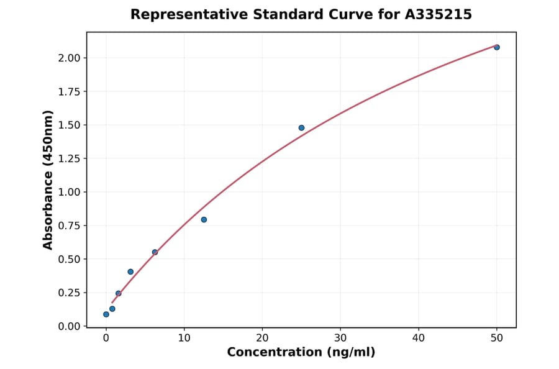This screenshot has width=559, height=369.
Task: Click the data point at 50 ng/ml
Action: pos(497,47)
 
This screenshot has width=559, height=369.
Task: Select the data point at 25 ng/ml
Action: pos(301,128)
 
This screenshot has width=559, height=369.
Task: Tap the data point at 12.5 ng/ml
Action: pos(204,219)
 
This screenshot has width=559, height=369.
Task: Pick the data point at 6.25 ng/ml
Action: pos(155,252)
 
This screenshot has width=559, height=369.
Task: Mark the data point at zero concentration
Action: pos(106,314)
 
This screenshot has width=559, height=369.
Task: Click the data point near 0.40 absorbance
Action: pos(130,271)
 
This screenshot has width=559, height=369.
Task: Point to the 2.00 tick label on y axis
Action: pos(69,58)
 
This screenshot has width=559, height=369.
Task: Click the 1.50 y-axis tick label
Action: pos(69,125)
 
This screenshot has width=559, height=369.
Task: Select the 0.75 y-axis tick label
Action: pos(69,225)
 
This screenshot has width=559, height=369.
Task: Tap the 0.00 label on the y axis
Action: pos(69,326)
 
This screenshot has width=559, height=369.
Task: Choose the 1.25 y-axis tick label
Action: pos(69,158)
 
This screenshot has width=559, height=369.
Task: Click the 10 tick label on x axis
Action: pos(184,338)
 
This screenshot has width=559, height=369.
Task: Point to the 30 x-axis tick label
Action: pos(340,338)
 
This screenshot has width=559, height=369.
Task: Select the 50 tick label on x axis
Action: pos(497,338)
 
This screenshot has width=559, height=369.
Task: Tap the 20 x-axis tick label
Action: pos(262,338)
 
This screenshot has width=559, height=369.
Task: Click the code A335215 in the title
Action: pos(439,14)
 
